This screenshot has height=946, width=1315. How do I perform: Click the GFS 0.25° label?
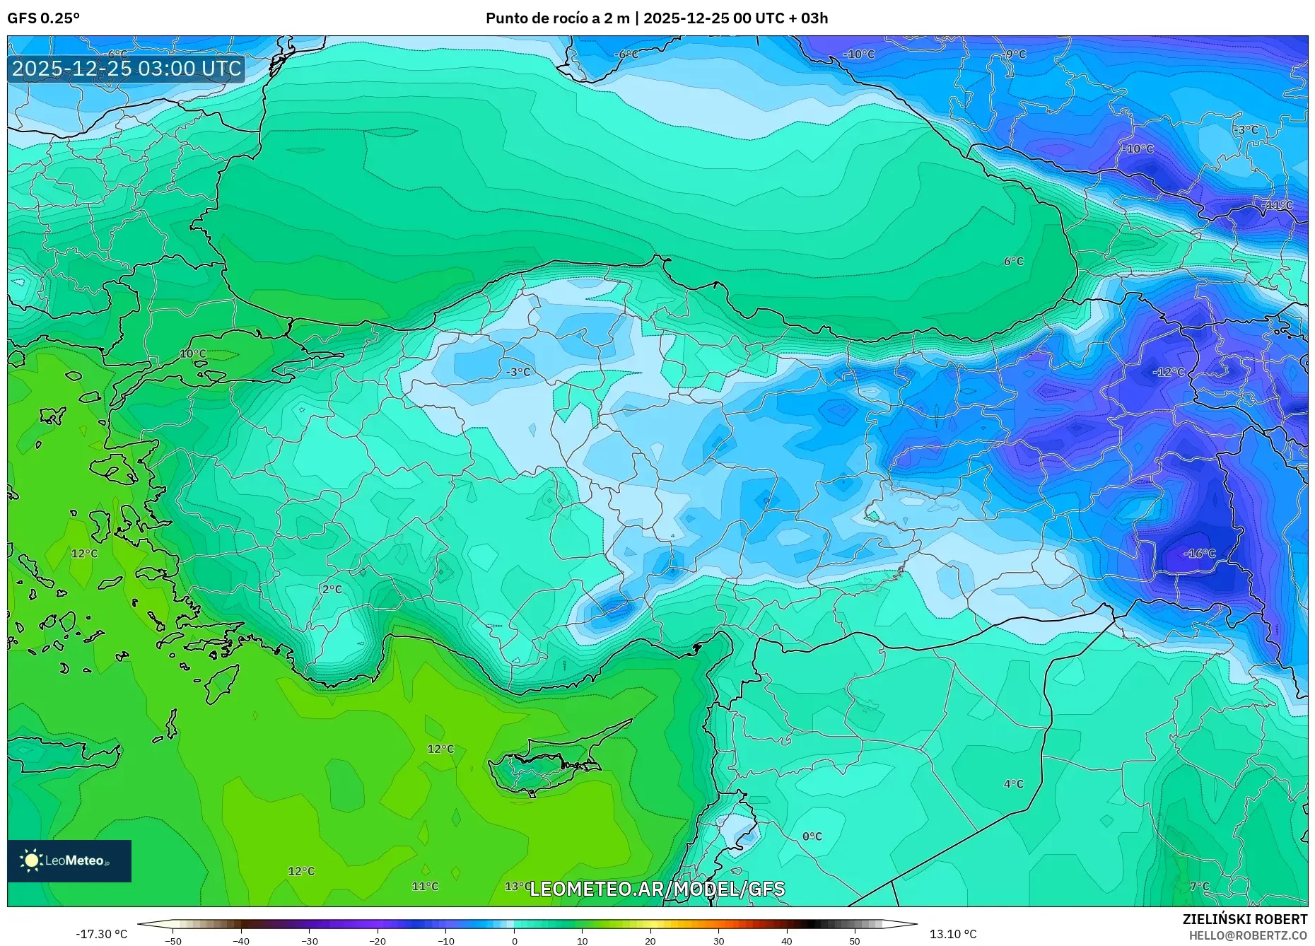(43, 18)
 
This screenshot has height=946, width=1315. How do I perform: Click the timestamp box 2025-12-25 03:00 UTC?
(127, 69)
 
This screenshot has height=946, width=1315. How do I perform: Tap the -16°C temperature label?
(1200, 554)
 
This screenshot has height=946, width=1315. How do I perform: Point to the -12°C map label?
(1168, 372)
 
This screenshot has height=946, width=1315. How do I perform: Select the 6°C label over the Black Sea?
(1013, 262)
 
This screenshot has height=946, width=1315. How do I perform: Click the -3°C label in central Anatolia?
(518, 372)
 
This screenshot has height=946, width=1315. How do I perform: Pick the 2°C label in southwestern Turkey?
(332, 590)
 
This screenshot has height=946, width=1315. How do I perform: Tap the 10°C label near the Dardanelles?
(192, 354)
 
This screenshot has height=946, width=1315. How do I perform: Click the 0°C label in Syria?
(812, 836)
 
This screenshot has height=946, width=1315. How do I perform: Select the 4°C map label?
(1013, 784)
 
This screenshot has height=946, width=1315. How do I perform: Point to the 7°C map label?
(1199, 887)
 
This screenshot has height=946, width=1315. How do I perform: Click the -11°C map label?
(1277, 205)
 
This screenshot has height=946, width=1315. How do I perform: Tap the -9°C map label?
(1015, 54)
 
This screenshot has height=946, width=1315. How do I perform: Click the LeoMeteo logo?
(69, 860)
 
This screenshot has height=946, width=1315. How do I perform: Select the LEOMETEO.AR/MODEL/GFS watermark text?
(657, 889)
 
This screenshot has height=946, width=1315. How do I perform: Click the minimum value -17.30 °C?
(102, 934)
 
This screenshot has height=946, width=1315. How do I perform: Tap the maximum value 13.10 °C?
(952, 934)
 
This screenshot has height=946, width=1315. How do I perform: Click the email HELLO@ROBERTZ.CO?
(1247, 935)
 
